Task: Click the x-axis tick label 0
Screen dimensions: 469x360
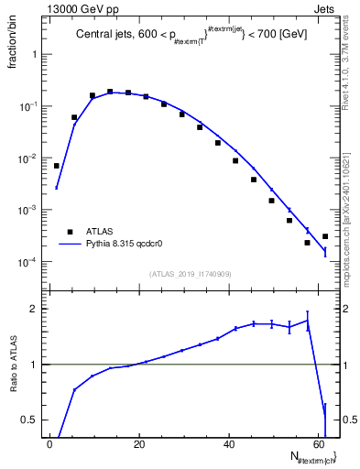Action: [50, 445]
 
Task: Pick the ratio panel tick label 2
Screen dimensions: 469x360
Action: [35, 309]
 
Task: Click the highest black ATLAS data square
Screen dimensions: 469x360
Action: [110, 92]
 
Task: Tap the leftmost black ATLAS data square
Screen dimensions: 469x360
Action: [56, 166]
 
